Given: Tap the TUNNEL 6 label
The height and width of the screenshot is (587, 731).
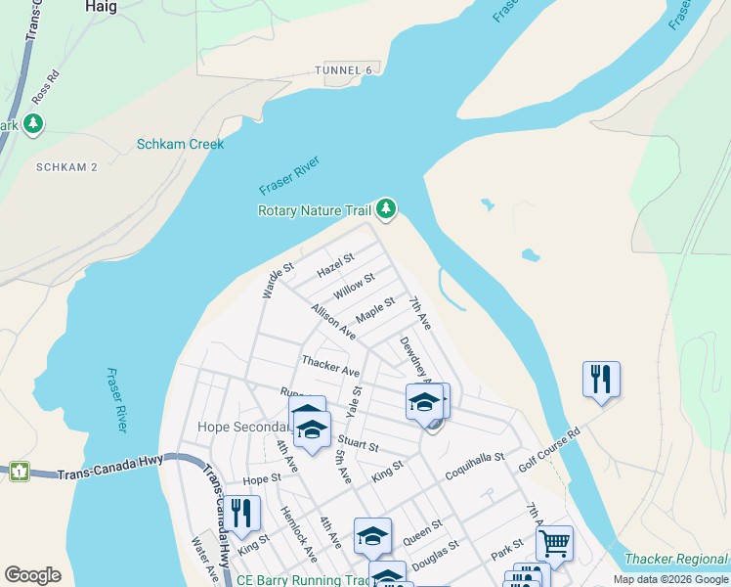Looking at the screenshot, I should pyautogui.click(x=344, y=70).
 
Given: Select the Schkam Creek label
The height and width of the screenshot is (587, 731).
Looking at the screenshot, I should pyautogui.click(x=180, y=144).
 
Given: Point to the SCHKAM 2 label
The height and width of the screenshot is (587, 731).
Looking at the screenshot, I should pyautogui.click(x=66, y=167).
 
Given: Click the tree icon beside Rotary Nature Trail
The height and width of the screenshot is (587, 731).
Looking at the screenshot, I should pyautogui.click(x=387, y=207).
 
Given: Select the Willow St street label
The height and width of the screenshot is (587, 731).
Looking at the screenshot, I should pyautogui.click(x=353, y=287).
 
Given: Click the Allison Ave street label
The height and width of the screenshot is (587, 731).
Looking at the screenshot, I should pyautogui.click(x=332, y=321).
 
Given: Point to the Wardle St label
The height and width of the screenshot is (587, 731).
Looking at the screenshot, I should pyautogui.click(x=278, y=281).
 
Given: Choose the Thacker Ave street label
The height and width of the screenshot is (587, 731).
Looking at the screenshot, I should pyautogui.click(x=330, y=366).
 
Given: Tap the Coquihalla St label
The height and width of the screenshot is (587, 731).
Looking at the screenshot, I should pyautogui.click(x=473, y=457).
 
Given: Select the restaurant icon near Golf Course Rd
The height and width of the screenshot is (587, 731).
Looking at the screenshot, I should pyautogui.click(x=601, y=378).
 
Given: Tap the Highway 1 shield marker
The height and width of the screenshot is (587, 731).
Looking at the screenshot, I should pyautogui.click(x=20, y=472).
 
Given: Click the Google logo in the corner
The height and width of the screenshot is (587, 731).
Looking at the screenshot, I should pyautogui.click(x=33, y=575).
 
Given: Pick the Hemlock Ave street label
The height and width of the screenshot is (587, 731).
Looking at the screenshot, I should pyautogui.click(x=298, y=534).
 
